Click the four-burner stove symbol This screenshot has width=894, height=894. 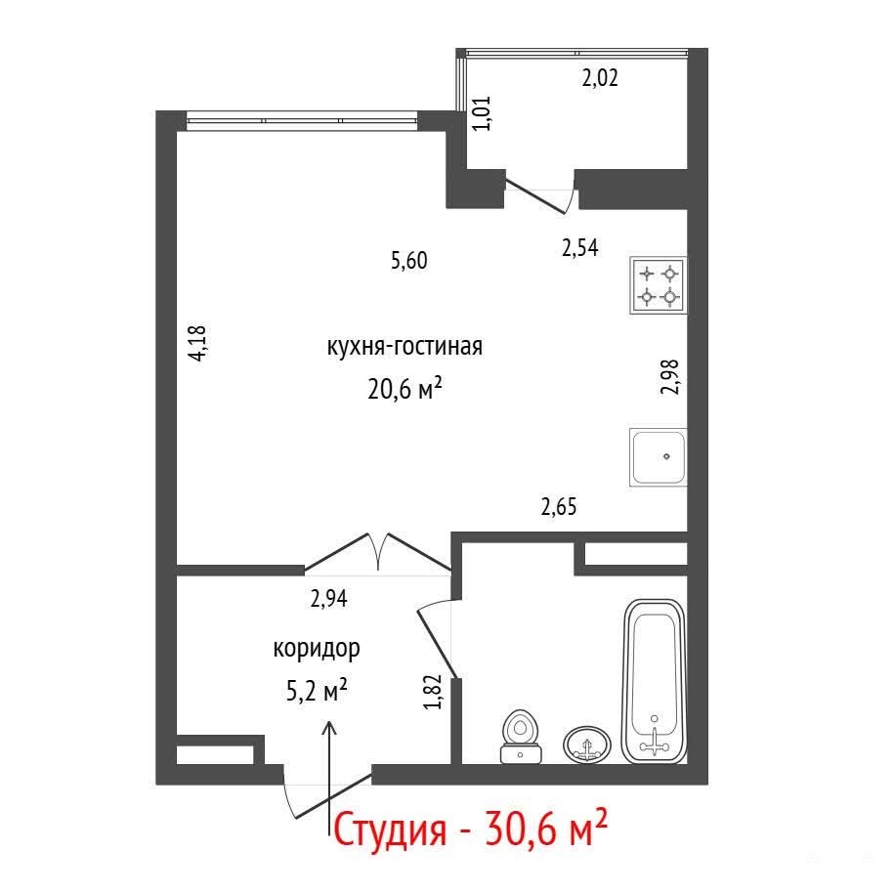(658, 285)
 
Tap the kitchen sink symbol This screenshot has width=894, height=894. (658, 457)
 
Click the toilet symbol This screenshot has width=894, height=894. (521, 736)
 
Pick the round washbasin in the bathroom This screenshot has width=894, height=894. (586, 745)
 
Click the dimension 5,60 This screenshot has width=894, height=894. (408, 261)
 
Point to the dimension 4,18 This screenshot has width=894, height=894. (197, 343)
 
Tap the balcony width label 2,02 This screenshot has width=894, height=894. (600, 77)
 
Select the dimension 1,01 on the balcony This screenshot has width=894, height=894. (482, 113)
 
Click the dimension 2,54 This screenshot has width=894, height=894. (579, 248)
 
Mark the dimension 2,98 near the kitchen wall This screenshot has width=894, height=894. (670, 377)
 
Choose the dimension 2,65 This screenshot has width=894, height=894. (559, 506)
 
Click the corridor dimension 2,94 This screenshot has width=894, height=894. (329, 599)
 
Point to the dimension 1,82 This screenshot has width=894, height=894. (433, 692)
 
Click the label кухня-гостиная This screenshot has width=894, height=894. (404, 346)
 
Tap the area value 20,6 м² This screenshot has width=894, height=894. (404, 389)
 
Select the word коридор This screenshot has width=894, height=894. (317, 648)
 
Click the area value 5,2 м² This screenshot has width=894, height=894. (317, 691)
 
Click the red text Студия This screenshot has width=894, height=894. (390, 830)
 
